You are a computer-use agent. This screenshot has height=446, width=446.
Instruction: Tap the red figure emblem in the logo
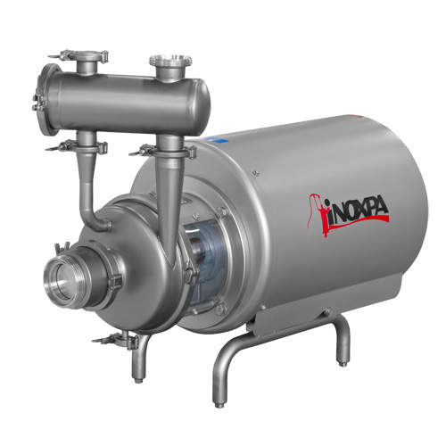tap(318, 215)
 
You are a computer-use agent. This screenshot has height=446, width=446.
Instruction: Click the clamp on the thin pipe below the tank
tap(78, 146)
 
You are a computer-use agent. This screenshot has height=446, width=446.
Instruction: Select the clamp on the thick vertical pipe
tap(167, 151)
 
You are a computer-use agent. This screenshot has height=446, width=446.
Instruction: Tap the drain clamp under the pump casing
tap(118, 340)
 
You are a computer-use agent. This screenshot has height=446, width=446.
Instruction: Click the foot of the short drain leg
tap(138, 380)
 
